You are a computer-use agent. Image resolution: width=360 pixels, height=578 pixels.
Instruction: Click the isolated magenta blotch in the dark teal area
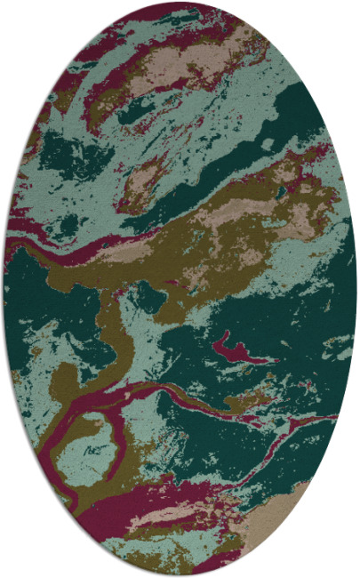(x=238, y=348)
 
